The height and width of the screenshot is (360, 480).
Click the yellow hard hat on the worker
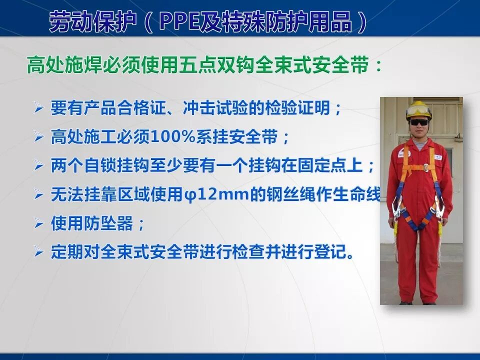(x=418, y=109)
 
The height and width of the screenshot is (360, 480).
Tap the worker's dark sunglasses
(x=418, y=122)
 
